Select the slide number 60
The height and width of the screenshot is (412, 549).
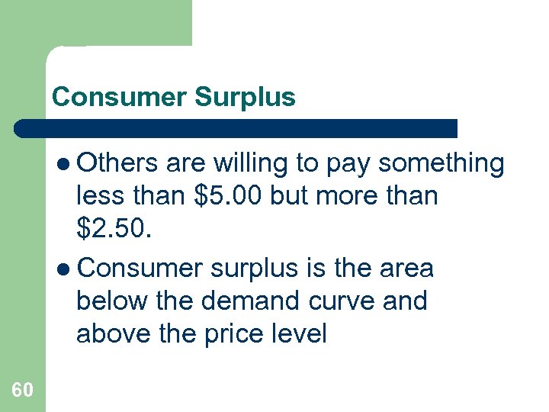tap(22, 390)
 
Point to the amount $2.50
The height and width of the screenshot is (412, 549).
tap(114, 228)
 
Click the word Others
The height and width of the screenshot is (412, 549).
tap(117, 163)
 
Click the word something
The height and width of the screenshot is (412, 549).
tap(441, 163)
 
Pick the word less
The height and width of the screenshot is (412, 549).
tap(100, 196)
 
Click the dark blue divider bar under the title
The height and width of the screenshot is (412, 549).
tap(236, 128)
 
